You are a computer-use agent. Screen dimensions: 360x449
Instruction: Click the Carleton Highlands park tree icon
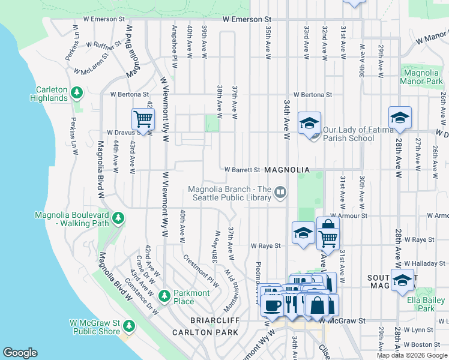pos(77,92)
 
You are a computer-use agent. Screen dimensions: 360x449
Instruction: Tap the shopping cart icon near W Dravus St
pos(143,119)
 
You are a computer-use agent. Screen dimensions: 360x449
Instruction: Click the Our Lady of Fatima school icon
pos(309,123)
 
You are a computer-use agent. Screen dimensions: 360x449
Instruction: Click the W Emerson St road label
pos(247,20)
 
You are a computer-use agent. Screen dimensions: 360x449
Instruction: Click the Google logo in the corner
pos(20,353)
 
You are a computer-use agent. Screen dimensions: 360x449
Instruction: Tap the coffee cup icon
pos(272,305)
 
